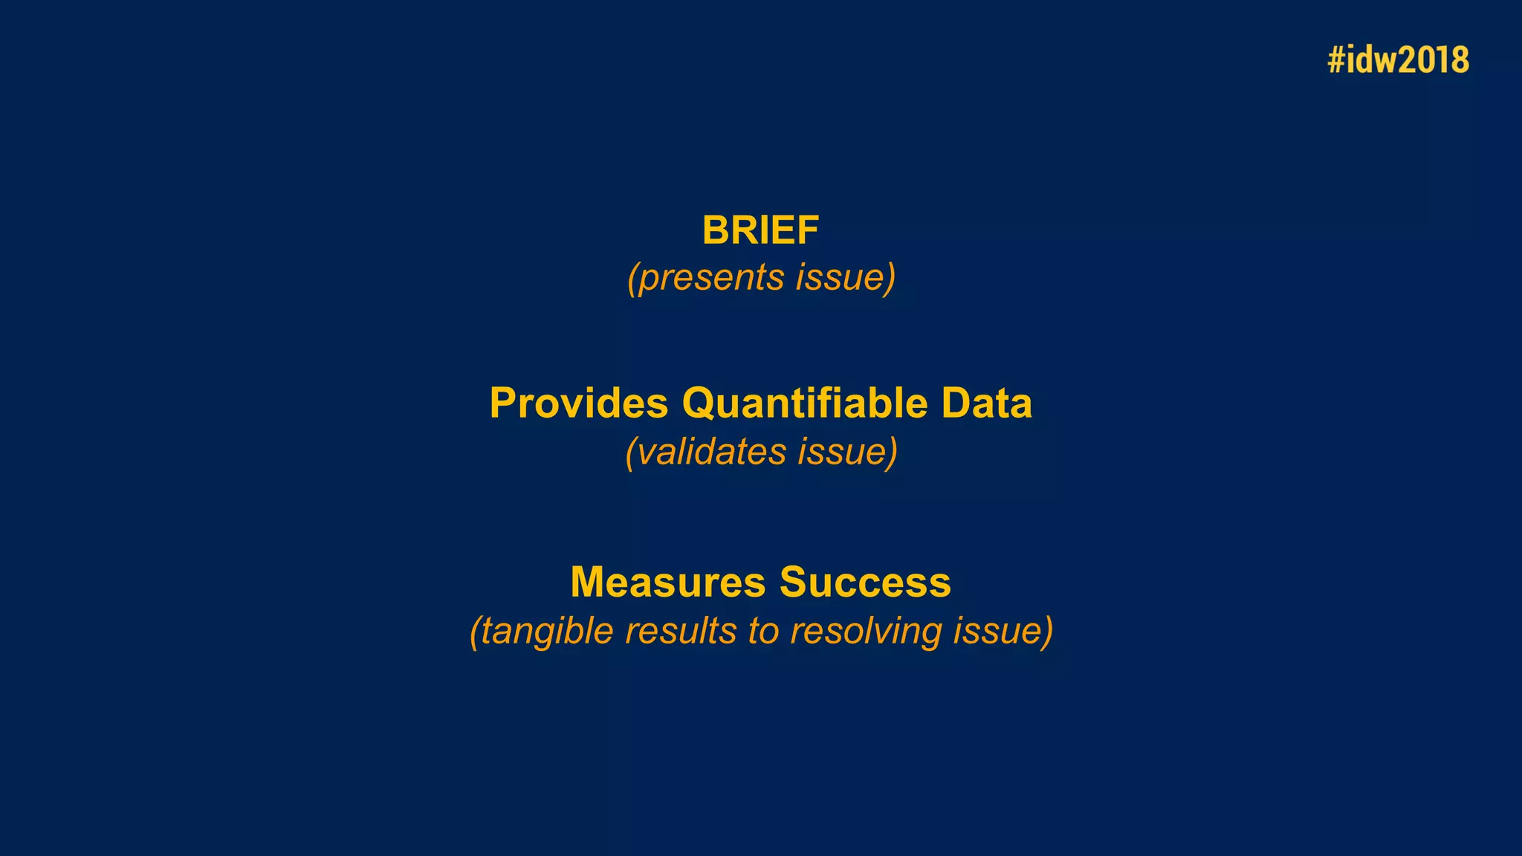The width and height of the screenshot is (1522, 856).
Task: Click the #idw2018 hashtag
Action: pyautogui.click(x=1398, y=59)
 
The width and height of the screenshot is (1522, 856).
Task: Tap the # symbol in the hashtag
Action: pyautogui.click(x=1336, y=59)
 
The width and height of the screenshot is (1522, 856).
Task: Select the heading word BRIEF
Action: pyautogui.click(x=760, y=230)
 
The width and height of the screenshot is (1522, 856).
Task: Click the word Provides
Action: pyautogui.click(x=579, y=403)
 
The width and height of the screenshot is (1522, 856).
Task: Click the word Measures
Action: pyautogui.click(x=667, y=582)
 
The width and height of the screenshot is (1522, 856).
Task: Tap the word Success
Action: pyautogui.click(x=865, y=582)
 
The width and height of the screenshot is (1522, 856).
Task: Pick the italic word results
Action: pyautogui.click(x=681, y=631)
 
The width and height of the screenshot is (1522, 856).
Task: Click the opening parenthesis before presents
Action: pyautogui.click(x=632, y=279)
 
